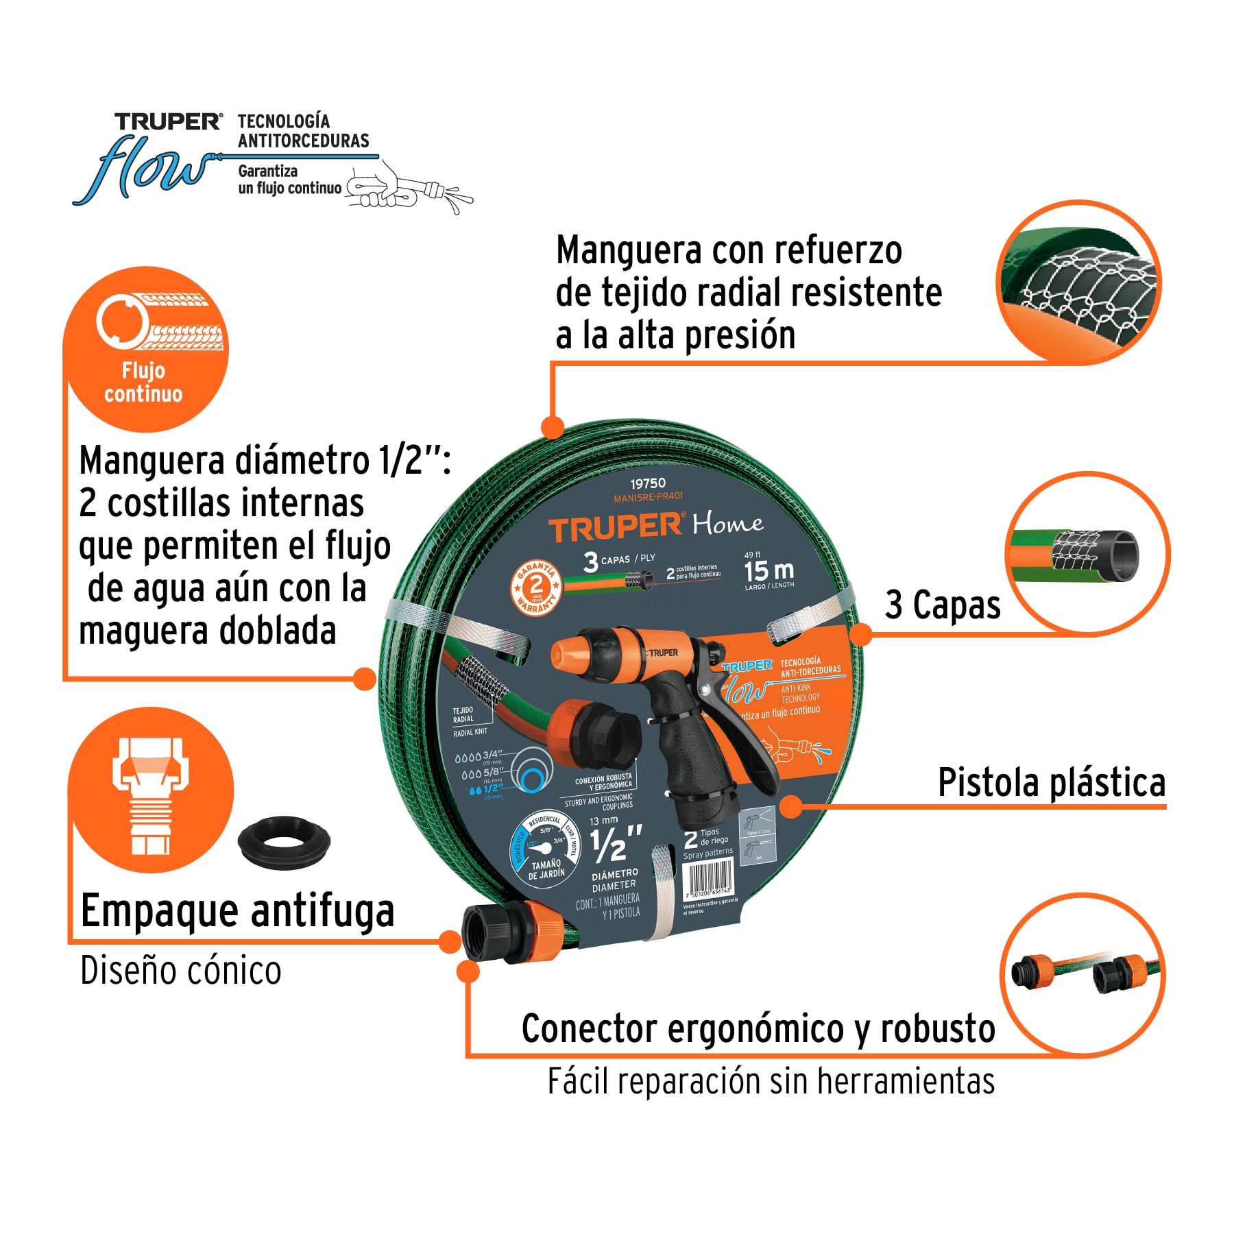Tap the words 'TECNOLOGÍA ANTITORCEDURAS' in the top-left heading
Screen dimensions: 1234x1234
point(303,131)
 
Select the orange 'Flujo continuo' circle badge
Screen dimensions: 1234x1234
point(145,349)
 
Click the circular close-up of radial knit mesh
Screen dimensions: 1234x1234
point(1078,282)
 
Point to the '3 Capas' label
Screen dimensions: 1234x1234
point(942,605)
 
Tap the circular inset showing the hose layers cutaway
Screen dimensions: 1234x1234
point(1086,554)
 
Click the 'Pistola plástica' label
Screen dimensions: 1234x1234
point(1051,782)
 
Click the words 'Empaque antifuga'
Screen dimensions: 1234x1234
point(237,911)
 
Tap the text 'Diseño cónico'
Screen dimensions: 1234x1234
point(181,971)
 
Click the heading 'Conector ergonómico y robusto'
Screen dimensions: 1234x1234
point(758,1028)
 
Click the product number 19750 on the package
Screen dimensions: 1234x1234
point(647,483)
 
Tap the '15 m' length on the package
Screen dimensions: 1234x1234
point(769,570)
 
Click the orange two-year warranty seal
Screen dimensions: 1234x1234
point(536,587)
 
